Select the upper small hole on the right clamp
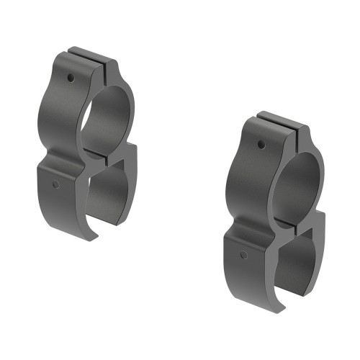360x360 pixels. pyautogui.click(x=261, y=145)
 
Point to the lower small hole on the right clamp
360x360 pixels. pyautogui.click(x=244, y=255)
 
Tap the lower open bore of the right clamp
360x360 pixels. pyautogui.click(x=295, y=259)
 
